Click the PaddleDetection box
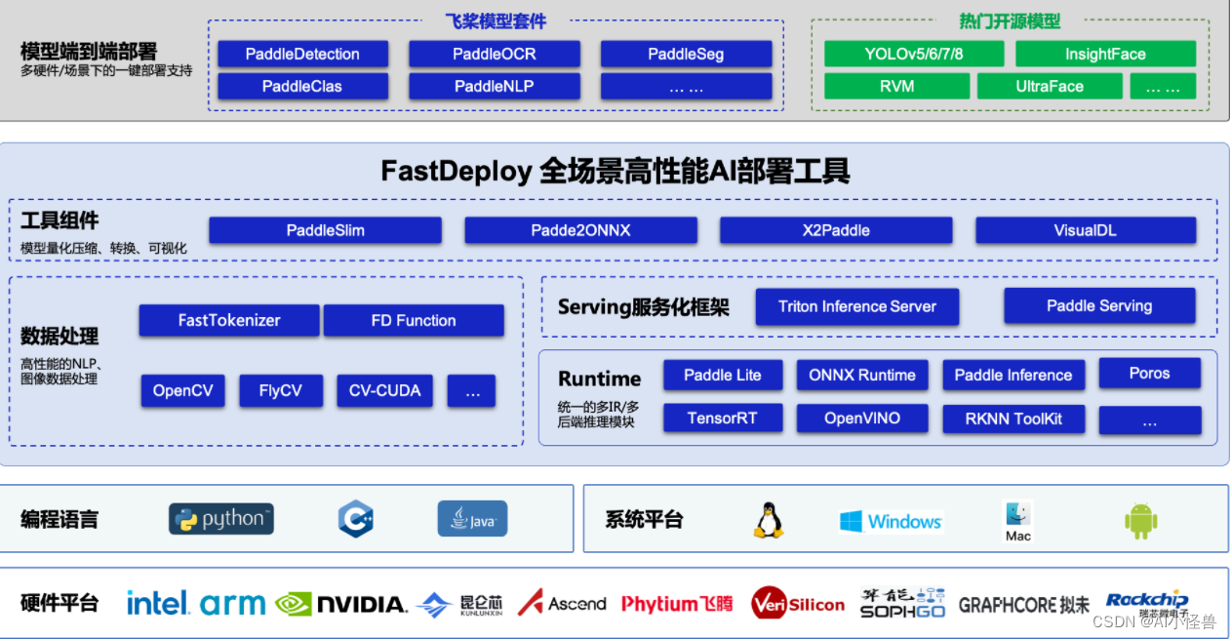click(x=302, y=54)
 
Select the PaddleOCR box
click(x=494, y=54)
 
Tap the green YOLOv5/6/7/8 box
click(x=913, y=54)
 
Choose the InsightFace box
click(x=1105, y=54)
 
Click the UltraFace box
click(x=1050, y=86)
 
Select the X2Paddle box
click(x=836, y=230)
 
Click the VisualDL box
click(x=1085, y=230)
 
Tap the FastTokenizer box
click(x=229, y=320)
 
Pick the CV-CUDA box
click(x=384, y=390)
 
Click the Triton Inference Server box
click(x=856, y=306)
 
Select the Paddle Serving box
click(x=1099, y=305)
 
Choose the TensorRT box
click(x=722, y=418)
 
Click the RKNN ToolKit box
click(x=1013, y=419)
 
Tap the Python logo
click(x=221, y=519)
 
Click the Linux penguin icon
click(x=768, y=520)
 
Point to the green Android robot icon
click(x=1140, y=521)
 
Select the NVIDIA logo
click(x=340, y=604)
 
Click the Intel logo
click(x=157, y=603)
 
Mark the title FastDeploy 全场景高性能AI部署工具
click(x=616, y=172)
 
